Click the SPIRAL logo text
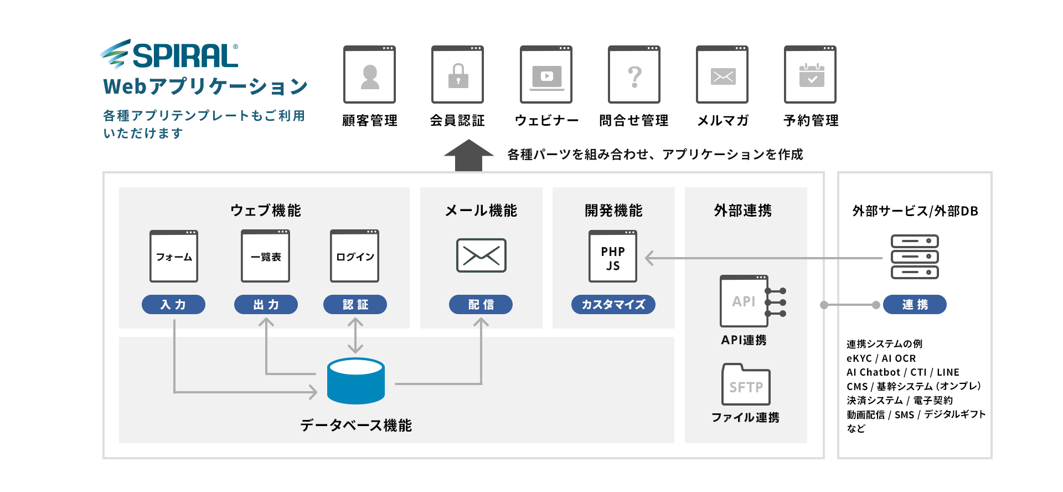tap(185, 55)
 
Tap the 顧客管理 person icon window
tap(369, 75)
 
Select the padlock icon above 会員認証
tap(458, 75)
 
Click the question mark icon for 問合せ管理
tap(634, 76)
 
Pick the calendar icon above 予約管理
tap(811, 75)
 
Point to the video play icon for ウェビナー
tap(546, 76)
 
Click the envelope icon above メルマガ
tap(723, 76)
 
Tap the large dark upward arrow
tap(468, 155)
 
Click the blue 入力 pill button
tap(173, 304)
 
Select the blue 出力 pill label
tap(266, 304)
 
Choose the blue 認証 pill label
tap(355, 304)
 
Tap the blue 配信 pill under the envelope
tap(481, 304)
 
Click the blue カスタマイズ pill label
tap(613, 304)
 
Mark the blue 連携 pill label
tap(915, 304)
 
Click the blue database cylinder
tap(355, 381)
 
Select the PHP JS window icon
tap(613, 257)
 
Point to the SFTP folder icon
tap(746, 385)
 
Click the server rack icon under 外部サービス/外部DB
tap(915, 257)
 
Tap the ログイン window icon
tap(355, 256)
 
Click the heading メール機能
tap(481, 211)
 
